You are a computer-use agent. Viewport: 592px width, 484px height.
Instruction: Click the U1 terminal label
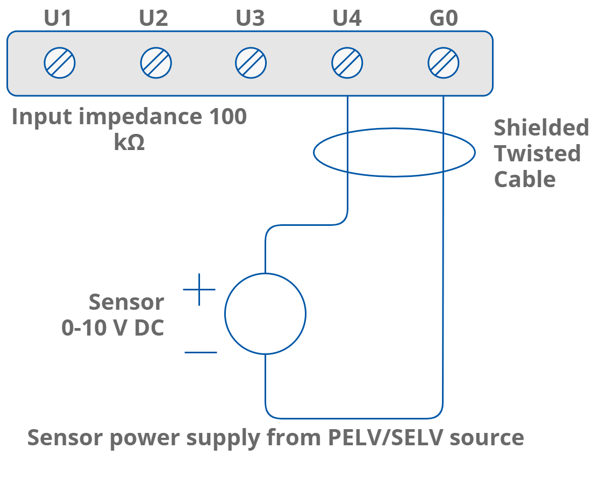tap(58, 19)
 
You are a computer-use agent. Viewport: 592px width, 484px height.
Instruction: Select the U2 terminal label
tap(154, 19)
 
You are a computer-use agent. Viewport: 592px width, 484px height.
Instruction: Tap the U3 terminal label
tap(251, 19)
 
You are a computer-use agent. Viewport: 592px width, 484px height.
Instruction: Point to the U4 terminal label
tap(347, 19)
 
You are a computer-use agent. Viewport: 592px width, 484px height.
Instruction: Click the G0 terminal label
tap(444, 19)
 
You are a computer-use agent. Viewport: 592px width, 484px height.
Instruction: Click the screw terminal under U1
tap(60, 63)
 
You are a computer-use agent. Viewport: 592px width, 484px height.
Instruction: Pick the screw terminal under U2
tap(156, 63)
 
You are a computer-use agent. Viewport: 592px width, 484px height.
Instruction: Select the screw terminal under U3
tap(251, 63)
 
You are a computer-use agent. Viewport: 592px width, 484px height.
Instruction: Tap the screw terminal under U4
tap(347, 63)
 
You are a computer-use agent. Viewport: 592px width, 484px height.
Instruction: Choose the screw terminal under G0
tap(444, 63)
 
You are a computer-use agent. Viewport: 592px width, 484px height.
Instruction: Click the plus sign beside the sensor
tap(199, 289)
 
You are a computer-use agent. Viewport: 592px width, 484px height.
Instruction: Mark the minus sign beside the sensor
tap(201, 353)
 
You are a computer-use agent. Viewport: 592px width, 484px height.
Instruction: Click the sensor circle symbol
tap(265, 314)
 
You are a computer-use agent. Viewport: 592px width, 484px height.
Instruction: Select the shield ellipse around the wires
tap(314, 153)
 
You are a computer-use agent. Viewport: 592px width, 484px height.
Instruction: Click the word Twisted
tap(537, 154)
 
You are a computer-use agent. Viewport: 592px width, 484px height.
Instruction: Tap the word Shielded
tap(541, 128)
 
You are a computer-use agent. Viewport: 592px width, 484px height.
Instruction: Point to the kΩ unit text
tap(129, 143)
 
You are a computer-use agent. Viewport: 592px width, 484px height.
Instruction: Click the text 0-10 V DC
tap(112, 328)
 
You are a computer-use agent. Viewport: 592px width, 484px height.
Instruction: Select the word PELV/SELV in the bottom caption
tap(386, 438)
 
